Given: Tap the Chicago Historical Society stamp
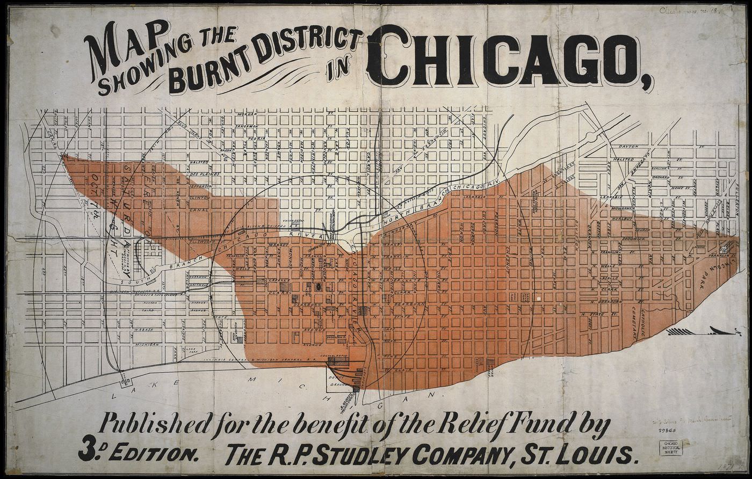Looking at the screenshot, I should coord(671,448).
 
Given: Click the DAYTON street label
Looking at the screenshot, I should coord(628,146).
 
